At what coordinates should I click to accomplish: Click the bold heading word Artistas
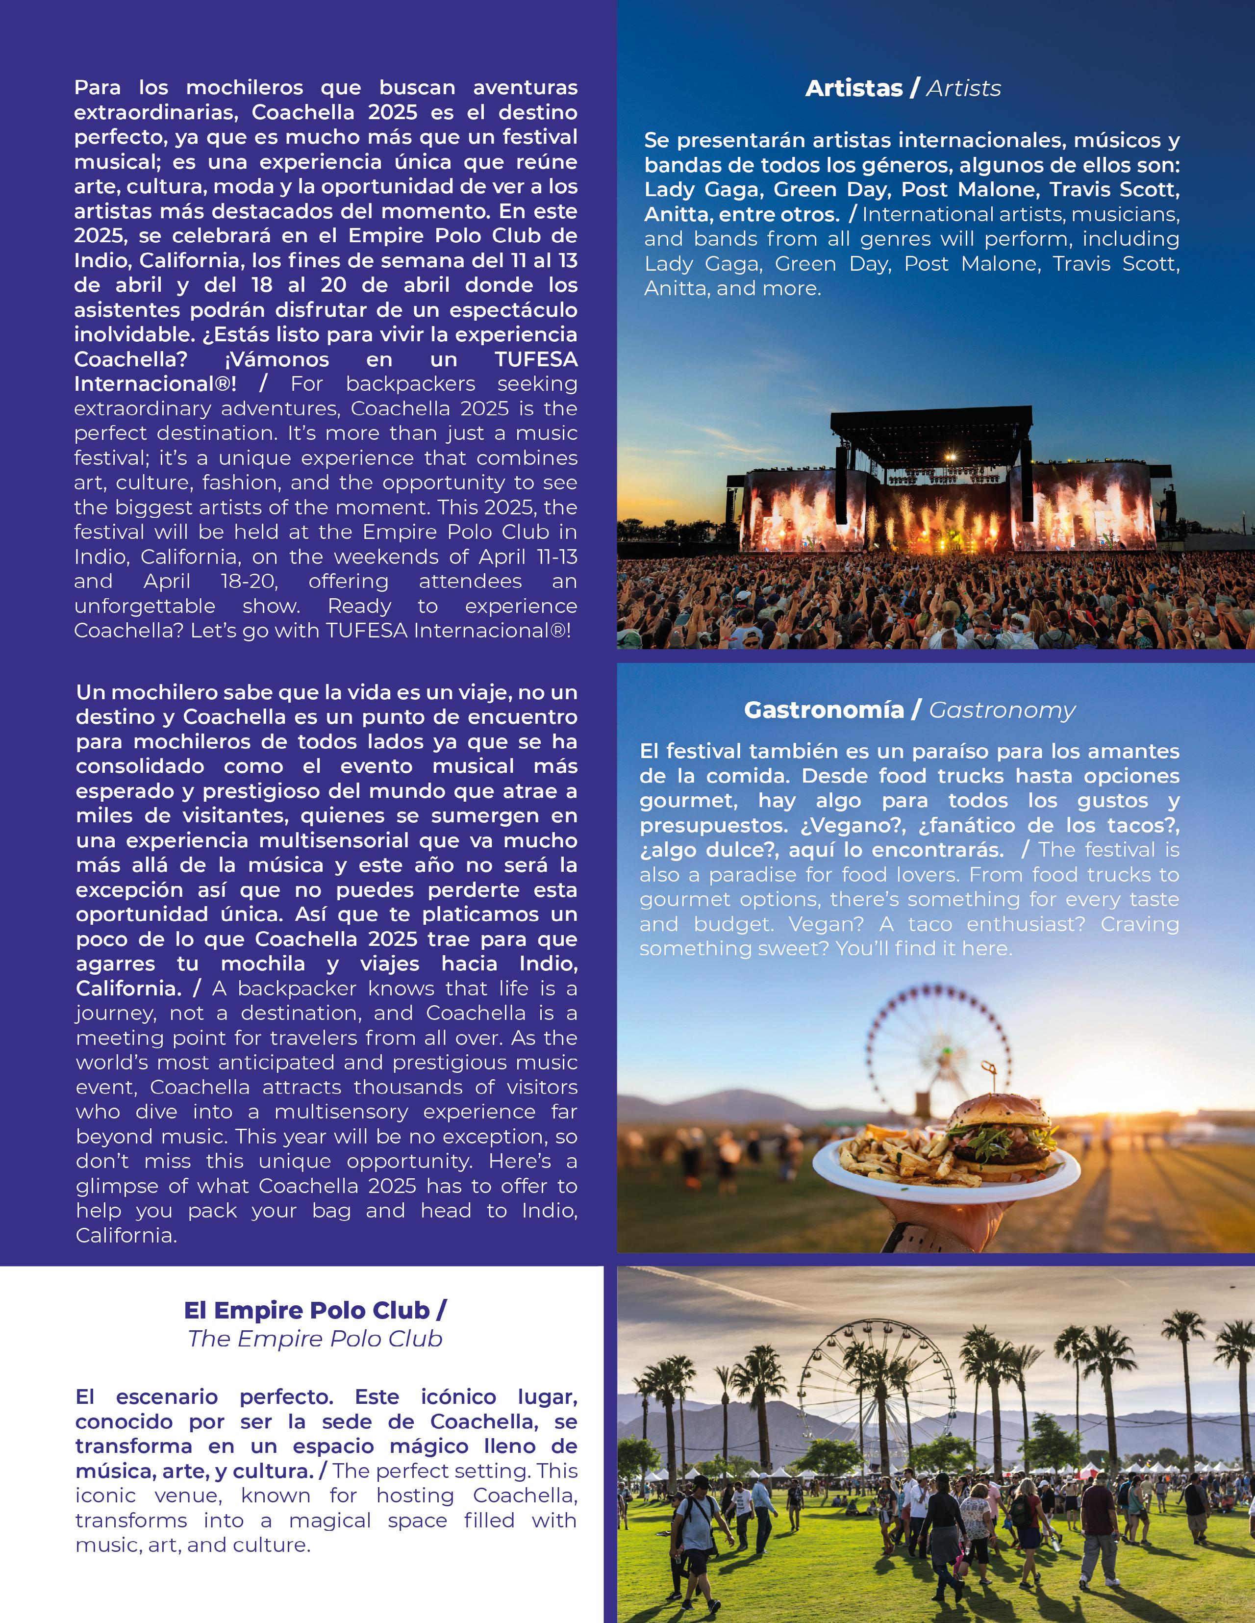[x=854, y=88]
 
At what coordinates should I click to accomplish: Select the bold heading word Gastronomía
[x=823, y=710]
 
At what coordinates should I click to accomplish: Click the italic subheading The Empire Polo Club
[x=315, y=1339]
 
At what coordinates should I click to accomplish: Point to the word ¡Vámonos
[x=276, y=360]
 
